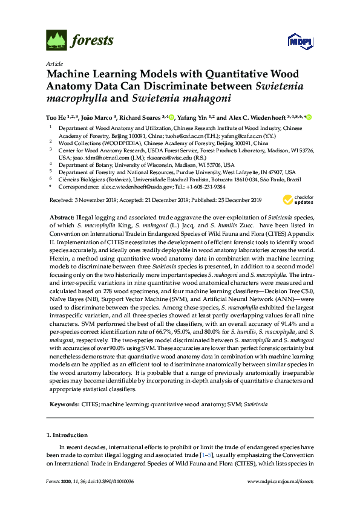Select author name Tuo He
(57, 117)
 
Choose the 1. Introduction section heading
(67, 435)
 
